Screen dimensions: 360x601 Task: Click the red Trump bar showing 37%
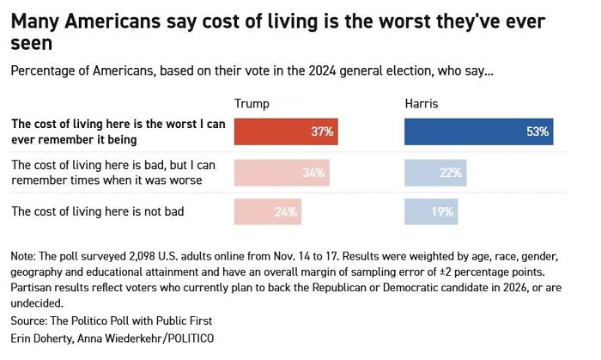(x=286, y=132)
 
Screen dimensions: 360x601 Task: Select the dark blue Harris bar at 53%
(x=479, y=132)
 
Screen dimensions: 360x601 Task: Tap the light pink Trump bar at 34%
(x=282, y=173)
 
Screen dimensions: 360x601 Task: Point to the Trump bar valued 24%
(x=268, y=211)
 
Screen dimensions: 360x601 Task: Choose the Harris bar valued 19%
(x=431, y=211)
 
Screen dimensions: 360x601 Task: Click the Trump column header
(x=252, y=104)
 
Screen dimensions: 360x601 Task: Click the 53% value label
(x=539, y=133)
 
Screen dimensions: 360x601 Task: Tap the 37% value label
(x=323, y=133)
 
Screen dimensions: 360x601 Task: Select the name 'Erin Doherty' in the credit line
(x=43, y=339)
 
